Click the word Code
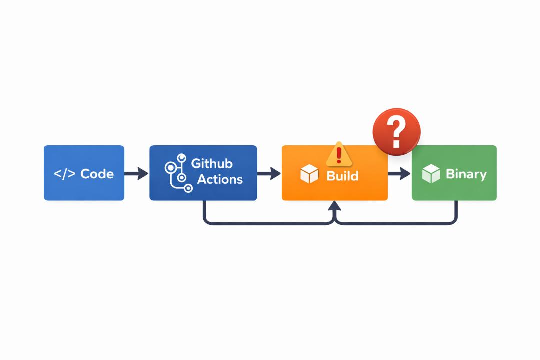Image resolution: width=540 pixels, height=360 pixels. click(x=97, y=174)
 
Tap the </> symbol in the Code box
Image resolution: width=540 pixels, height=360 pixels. click(x=64, y=174)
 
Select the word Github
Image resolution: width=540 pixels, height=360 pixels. click(x=212, y=163)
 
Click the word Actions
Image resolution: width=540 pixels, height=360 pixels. click(x=220, y=179)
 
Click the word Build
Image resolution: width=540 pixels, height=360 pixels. click(x=342, y=176)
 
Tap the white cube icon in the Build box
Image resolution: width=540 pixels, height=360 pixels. click(x=309, y=174)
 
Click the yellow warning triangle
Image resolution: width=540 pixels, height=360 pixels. click(x=339, y=154)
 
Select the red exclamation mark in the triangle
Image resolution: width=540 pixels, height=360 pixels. click(x=339, y=155)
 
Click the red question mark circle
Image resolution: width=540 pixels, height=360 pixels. click(x=396, y=132)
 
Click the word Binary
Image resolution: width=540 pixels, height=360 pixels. click(x=466, y=174)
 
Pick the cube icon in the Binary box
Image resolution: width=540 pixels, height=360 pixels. click(x=431, y=173)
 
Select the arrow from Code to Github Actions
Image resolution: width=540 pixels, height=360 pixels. click(x=136, y=173)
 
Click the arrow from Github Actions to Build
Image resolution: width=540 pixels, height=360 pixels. click(x=269, y=173)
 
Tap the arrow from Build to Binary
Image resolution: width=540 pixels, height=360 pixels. click(x=399, y=173)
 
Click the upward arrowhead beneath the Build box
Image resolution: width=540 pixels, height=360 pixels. click(x=334, y=206)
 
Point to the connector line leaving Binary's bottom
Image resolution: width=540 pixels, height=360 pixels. click(x=396, y=224)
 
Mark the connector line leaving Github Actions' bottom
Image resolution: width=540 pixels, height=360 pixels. click(x=268, y=224)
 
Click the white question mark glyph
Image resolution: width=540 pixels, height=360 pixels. click(x=396, y=131)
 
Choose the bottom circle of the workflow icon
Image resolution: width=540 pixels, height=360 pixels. click(x=188, y=188)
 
